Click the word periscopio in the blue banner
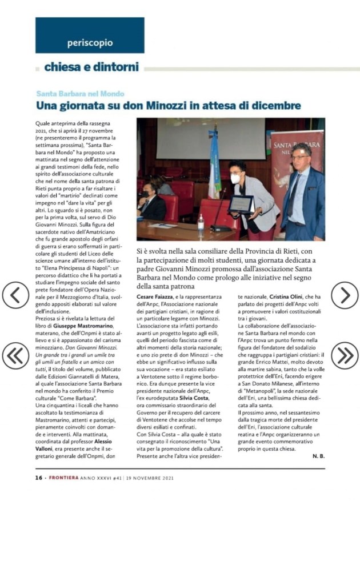[x=90, y=43]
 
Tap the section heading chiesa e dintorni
[x=91, y=67]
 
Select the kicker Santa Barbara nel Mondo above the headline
[x=80, y=94]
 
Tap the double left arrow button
[x=15, y=355]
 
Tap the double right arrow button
[x=345, y=355]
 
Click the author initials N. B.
[x=318, y=456]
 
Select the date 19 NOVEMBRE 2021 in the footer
[x=151, y=478]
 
